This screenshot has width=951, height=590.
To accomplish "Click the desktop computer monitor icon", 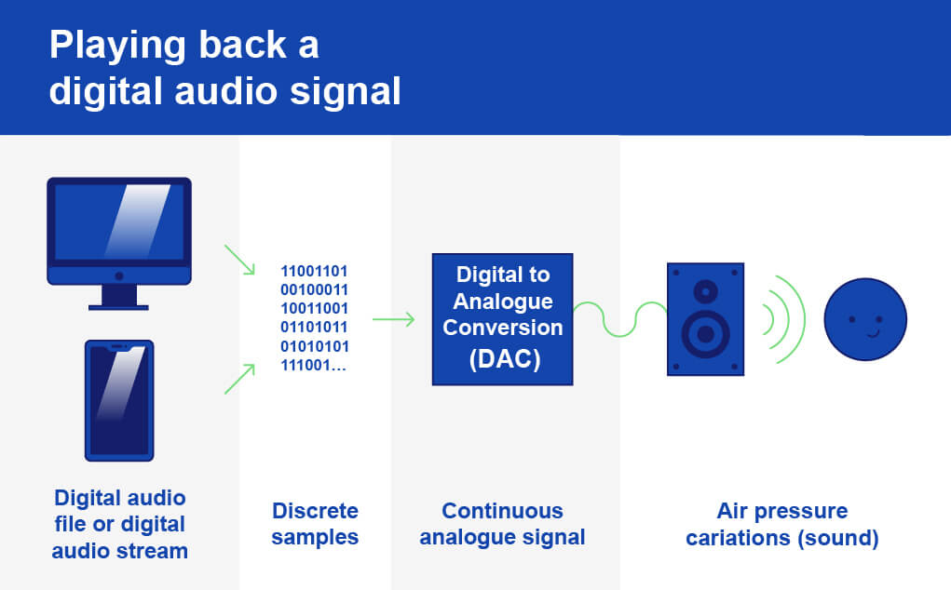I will (119, 233).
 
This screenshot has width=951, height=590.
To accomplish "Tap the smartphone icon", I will (119, 400).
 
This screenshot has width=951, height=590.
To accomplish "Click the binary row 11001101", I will (314, 271).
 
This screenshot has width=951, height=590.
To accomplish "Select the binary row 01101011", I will (314, 327).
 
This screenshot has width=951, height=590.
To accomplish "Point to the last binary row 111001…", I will (314, 364).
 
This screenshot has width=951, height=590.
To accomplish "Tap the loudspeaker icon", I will (705, 319).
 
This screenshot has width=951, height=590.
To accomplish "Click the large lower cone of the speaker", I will (705, 333).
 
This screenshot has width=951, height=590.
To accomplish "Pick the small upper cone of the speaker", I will (705, 291).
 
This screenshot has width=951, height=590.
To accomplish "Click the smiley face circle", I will (865, 320).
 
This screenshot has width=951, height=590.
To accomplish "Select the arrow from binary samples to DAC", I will (393, 320).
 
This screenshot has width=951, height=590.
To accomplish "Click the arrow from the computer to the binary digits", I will (239, 260).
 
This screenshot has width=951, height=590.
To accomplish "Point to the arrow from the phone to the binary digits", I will (239, 379).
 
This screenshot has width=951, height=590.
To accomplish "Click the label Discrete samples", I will (315, 524).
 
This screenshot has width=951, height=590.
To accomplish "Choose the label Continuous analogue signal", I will (502, 524).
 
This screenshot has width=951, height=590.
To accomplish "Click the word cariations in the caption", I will (736, 537).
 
